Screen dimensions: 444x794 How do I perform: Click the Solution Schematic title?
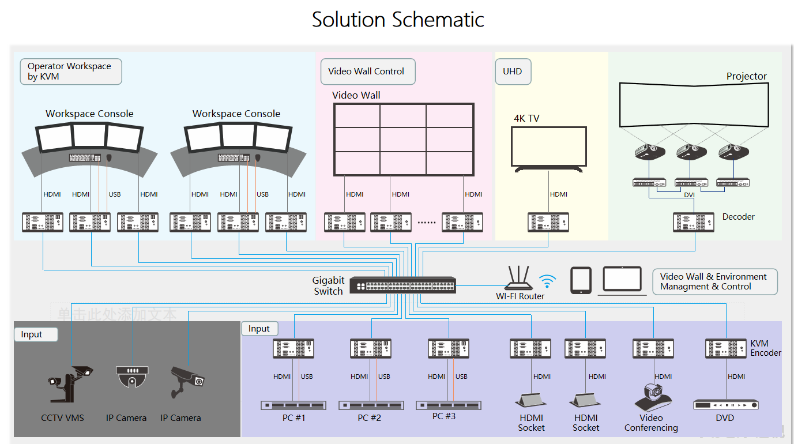[x=398, y=20]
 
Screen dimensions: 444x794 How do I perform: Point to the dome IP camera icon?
[x=133, y=377]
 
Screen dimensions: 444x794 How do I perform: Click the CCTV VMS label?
[x=62, y=418]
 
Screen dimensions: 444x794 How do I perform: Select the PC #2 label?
[x=369, y=418]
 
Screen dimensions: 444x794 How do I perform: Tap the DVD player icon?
[x=725, y=405]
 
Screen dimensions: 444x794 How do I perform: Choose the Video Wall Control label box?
[x=367, y=72]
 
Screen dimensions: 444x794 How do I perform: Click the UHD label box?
[x=513, y=72]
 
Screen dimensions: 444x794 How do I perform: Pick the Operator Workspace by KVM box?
[x=70, y=72]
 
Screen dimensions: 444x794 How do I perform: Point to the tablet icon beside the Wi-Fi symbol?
[x=581, y=280]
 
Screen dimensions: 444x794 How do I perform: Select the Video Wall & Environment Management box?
[x=714, y=282]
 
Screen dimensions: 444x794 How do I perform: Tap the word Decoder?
[x=738, y=217]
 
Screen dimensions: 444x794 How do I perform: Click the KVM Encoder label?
[x=765, y=348]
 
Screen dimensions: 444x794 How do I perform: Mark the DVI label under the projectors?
[x=689, y=195]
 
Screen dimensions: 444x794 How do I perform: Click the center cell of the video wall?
[x=403, y=140]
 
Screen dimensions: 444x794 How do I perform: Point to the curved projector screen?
[x=694, y=105]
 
